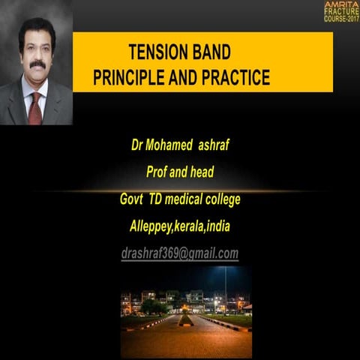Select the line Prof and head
(180, 172)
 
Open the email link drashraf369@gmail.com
(180, 254)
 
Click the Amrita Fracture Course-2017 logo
(341, 11)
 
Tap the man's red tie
(34, 108)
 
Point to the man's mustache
(37, 65)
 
